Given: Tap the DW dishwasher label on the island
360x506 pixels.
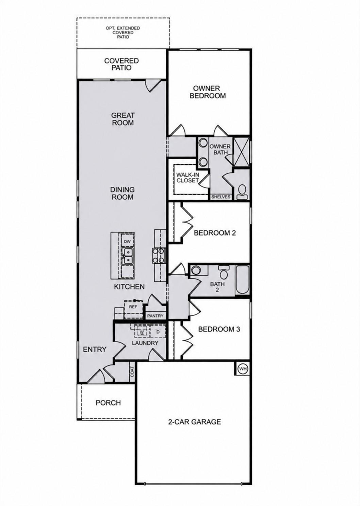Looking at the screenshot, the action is click(x=127, y=242).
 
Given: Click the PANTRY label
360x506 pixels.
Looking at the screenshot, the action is click(x=155, y=316).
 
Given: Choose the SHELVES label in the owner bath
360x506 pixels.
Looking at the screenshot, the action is click(x=220, y=197).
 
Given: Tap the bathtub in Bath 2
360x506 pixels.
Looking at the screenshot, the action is click(x=242, y=280).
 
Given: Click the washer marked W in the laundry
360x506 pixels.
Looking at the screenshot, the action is click(x=142, y=332).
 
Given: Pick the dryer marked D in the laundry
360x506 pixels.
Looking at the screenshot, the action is click(x=158, y=332).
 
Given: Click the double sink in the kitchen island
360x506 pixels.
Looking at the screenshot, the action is click(x=127, y=256).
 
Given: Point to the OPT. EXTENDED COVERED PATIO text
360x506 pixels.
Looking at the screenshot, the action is click(x=123, y=33).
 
